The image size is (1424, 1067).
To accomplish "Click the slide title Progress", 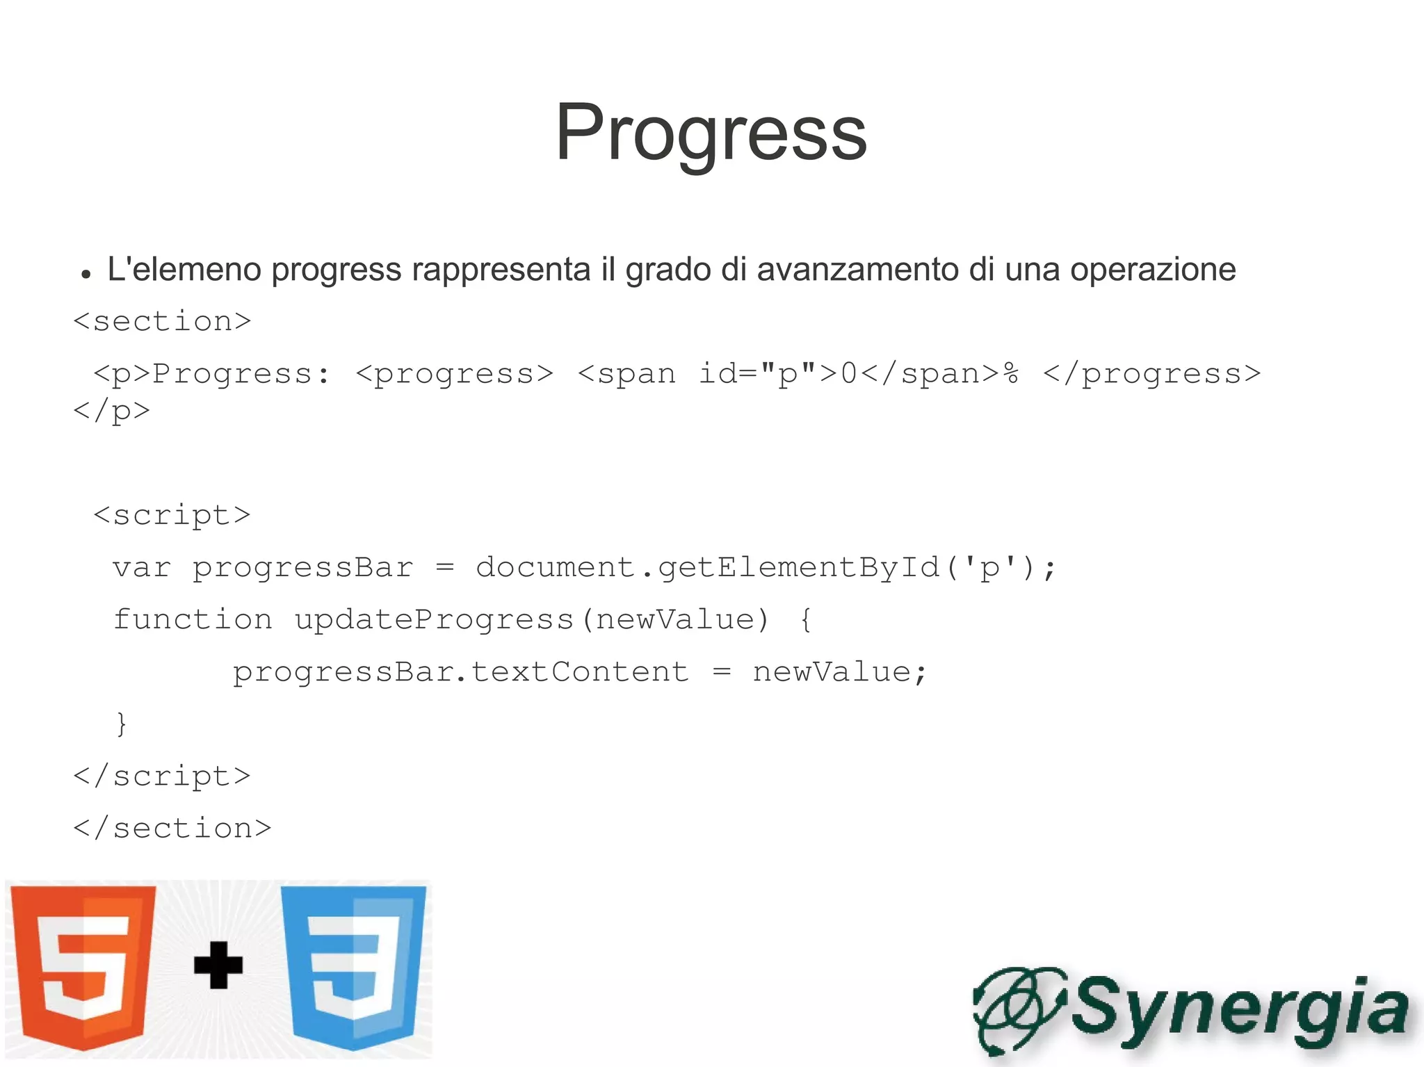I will (711, 133).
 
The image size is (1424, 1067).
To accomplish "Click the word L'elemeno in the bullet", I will (184, 270).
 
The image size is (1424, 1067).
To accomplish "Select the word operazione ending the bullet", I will (1152, 270).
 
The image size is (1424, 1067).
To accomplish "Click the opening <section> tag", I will (162, 322).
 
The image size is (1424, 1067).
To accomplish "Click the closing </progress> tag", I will (1151, 375).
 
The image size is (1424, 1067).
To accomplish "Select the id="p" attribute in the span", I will (757, 374).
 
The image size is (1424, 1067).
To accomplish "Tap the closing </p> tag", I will (112, 411).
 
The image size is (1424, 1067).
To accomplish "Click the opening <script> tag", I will (172, 515).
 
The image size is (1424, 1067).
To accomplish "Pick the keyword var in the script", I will (141, 568).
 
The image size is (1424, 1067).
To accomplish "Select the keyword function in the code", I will (193, 619).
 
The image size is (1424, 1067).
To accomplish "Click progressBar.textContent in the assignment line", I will (460, 672).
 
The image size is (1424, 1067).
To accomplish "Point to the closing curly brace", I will (122, 724).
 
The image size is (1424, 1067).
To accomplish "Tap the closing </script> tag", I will (162, 776).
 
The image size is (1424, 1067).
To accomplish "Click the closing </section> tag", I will (172, 829).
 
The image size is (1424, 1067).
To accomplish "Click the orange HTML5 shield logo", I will (83, 966).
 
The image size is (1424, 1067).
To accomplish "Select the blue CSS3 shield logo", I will (353, 966).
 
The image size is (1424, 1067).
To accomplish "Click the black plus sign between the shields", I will (218, 965).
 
